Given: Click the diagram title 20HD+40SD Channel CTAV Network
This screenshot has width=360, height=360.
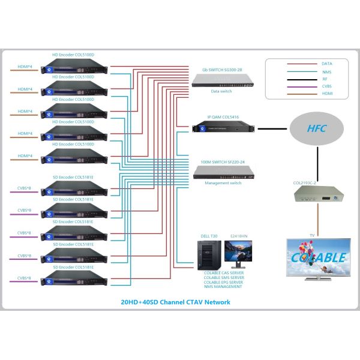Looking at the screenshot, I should click(x=179, y=302).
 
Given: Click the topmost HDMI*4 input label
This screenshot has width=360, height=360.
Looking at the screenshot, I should click(x=25, y=65).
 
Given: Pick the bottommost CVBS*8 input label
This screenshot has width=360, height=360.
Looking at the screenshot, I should click(x=25, y=278).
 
